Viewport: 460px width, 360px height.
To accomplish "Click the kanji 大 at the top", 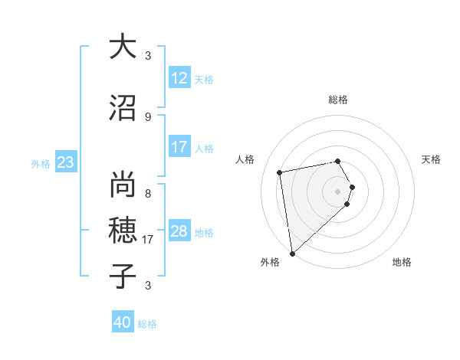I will (x=123, y=47).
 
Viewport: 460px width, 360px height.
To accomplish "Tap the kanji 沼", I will (x=123, y=109).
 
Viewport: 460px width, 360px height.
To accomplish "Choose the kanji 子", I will (x=123, y=277).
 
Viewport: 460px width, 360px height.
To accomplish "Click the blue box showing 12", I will (x=179, y=78).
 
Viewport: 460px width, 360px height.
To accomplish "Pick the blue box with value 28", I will (x=179, y=231).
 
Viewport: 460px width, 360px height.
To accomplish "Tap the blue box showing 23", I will (x=65, y=162).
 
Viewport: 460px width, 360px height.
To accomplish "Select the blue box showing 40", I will (x=123, y=322).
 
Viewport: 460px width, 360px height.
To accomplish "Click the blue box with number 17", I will (x=179, y=147).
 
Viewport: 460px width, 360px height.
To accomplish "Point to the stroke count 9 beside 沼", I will (x=147, y=116).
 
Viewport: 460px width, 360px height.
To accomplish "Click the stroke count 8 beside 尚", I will (x=147, y=193).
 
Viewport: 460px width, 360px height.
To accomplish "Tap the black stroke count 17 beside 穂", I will (x=149, y=240).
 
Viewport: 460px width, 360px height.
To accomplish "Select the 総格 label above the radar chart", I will (x=338, y=100).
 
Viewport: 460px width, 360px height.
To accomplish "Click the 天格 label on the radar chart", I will (x=432, y=159).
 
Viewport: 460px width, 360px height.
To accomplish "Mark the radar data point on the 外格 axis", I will (x=292, y=253).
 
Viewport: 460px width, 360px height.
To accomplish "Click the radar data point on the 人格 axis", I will (x=280, y=173).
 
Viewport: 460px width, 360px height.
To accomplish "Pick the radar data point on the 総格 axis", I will (x=338, y=161).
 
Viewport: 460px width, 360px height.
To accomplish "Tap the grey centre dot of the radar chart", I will (x=338, y=191).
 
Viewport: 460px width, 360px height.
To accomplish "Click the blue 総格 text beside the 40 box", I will (x=147, y=324).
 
